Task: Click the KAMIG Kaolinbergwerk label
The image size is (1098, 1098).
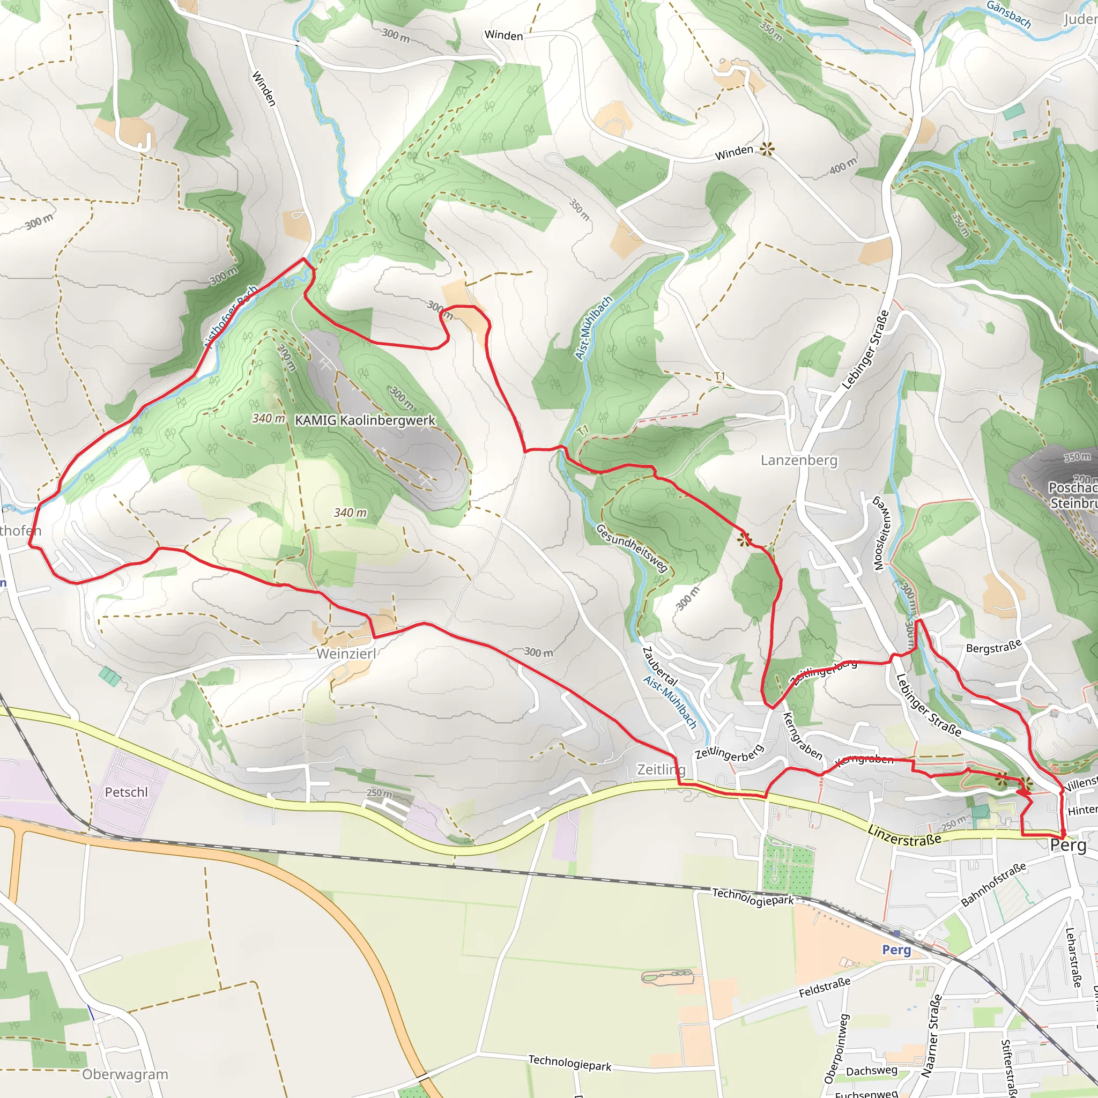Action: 365,420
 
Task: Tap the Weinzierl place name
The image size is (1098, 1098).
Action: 346,654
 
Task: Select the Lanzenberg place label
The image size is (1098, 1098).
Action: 799,460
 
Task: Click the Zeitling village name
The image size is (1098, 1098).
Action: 662,769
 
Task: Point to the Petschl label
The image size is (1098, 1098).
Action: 126,792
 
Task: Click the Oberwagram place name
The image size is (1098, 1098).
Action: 125,1074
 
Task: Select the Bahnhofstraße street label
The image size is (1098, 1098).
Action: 993,884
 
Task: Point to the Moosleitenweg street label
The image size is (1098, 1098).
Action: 880,533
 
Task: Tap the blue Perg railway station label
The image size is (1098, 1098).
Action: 896,949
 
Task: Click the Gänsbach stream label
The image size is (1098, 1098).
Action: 1009,14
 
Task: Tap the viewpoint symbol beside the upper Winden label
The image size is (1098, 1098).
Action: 767,150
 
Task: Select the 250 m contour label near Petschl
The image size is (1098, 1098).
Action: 379,793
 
